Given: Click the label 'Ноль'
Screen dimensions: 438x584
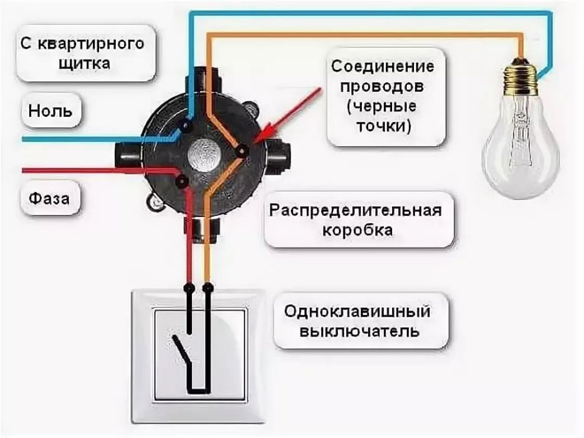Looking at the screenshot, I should [x=44, y=113].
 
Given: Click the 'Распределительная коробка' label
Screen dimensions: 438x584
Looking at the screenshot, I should [x=359, y=220].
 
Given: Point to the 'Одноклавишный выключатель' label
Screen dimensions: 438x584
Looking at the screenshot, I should [x=358, y=322].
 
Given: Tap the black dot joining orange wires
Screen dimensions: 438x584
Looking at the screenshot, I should [x=241, y=151].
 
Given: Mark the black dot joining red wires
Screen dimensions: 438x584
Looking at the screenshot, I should [x=181, y=181].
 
